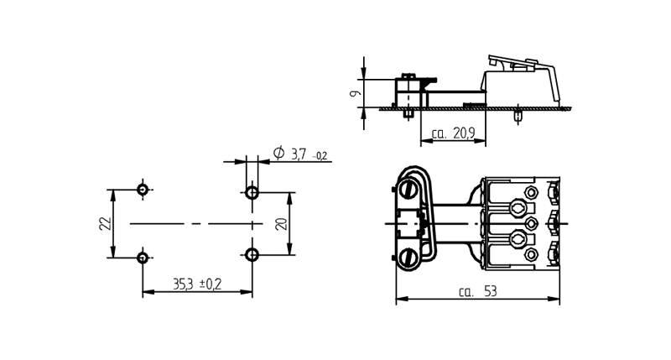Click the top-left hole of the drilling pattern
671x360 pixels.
(143, 190)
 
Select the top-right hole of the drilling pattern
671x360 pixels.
(252, 193)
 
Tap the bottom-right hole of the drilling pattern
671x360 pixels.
(252, 254)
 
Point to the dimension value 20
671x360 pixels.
(281, 223)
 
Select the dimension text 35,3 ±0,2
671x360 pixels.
(196, 284)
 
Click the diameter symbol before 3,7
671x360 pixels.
(278, 153)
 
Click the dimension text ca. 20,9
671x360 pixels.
(453, 133)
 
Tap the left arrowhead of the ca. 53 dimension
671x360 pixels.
(400, 298)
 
